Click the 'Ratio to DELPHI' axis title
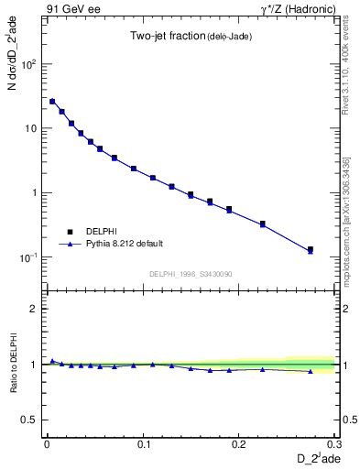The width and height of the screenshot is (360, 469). click(12, 364)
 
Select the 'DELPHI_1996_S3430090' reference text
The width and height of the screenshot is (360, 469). click(189, 274)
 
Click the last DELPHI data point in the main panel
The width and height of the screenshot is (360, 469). click(310, 249)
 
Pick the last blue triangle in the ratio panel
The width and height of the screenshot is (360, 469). click(310, 372)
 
